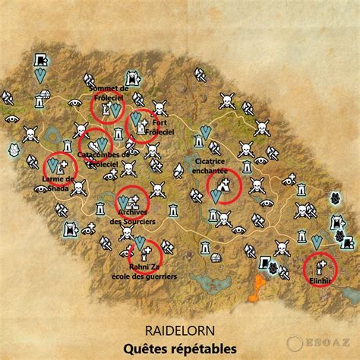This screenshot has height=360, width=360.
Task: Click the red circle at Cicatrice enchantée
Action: coord(223,186)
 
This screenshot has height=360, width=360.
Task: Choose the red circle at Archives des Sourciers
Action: coord(132,201)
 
